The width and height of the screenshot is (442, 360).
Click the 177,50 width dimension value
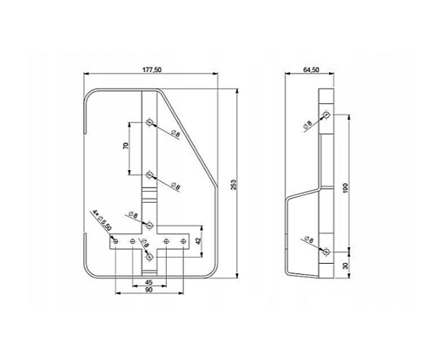pos(152,70)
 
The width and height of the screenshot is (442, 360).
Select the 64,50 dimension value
pos(311,70)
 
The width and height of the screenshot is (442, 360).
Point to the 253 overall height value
pos(234,185)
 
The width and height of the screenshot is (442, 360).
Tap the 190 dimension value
pos(346,188)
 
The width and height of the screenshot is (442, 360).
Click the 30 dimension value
pos(346,265)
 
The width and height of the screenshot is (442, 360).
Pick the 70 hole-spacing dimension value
pos(126,146)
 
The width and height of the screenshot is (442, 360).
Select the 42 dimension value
pos(198,241)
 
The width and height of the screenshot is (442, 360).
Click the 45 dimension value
pos(148,282)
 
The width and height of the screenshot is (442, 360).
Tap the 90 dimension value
pos(148,290)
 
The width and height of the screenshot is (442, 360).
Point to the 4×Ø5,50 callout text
pos(102,220)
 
